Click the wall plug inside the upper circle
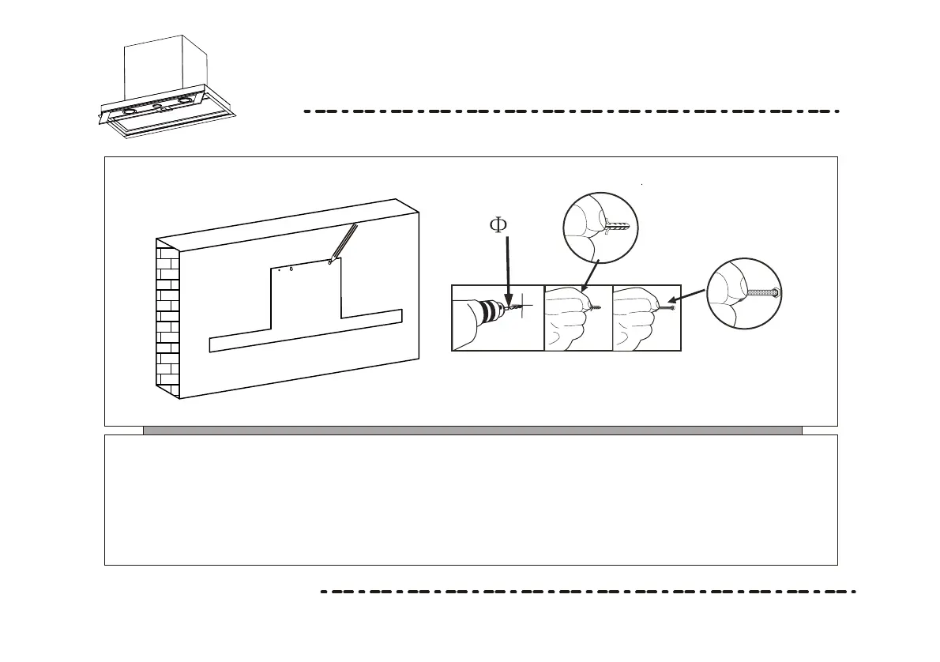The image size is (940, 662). (x=614, y=228)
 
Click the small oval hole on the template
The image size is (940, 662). (x=291, y=268)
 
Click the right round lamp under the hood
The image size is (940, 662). (x=186, y=100)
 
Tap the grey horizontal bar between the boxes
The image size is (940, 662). (x=472, y=431)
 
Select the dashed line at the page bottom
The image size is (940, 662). (x=588, y=591)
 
